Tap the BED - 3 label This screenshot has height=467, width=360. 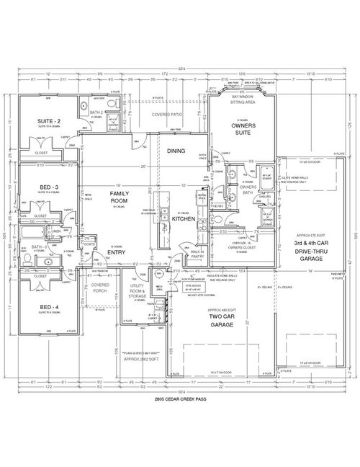pyautogui.click(x=49, y=187)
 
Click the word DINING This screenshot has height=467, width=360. pyautogui.click(x=176, y=151)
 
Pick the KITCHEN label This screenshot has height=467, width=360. pyautogui.click(x=184, y=218)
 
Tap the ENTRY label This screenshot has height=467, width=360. pyautogui.click(x=117, y=252)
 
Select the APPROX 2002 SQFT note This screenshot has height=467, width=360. pyautogui.click(x=140, y=357)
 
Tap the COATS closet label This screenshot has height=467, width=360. pyautogui.click(x=89, y=244)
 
